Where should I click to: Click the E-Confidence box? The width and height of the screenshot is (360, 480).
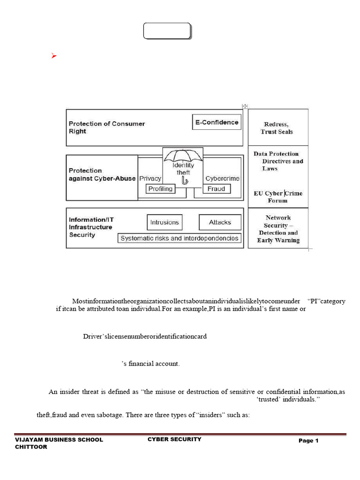click(217, 123)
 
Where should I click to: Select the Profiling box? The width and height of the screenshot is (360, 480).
click(160, 189)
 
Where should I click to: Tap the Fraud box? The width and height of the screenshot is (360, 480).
click(216, 189)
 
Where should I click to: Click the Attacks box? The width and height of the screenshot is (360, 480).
click(219, 222)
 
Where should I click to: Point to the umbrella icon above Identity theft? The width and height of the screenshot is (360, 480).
click(182, 156)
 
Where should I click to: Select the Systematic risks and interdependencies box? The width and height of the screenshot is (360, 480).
click(180, 238)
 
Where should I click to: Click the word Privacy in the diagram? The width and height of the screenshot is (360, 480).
click(150, 178)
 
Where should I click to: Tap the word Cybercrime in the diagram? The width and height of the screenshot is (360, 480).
click(223, 178)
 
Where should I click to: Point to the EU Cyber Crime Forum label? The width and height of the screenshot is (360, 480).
click(278, 197)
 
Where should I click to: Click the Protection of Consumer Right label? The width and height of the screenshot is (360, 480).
click(106, 127)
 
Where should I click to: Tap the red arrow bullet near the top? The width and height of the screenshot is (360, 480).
click(54, 56)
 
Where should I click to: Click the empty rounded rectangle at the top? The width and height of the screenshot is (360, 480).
click(167, 31)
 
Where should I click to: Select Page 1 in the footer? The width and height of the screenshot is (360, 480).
click(308, 441)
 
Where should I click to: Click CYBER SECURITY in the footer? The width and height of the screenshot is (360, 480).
click(174, 439)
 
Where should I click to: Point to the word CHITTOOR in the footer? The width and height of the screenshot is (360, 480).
click(31, 447)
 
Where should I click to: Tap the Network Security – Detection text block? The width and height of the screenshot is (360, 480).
click(278, 229)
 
